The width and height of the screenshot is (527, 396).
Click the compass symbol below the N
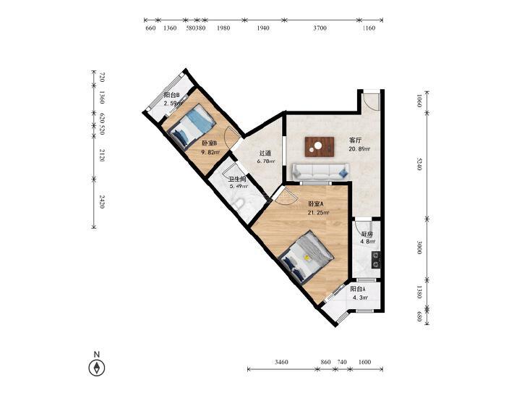[x=97, y=368]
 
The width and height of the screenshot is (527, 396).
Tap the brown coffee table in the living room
[x=320, y=147]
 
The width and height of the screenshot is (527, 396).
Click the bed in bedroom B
[x=192, y=127]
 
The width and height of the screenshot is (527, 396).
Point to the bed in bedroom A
[x=307, y=258]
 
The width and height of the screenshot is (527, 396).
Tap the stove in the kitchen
[x=376, y=260]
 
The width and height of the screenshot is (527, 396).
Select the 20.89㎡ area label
[x=359, y=148]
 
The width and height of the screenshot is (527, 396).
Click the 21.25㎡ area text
[x=318, y=212]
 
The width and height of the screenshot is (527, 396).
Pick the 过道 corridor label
[x=265, y=153]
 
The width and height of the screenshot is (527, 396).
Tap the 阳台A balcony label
[x=358, y=289]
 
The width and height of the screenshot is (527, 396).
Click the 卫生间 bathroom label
[x=237, y=180]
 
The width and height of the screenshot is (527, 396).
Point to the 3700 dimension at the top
[x=320, y=28]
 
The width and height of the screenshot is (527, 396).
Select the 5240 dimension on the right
[x=419, y=163]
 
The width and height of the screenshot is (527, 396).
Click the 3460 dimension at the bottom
[x=281, y=362]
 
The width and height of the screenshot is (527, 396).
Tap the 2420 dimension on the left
[x=102, y=201]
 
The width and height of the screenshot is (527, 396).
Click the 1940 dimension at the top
[x=263, y=28]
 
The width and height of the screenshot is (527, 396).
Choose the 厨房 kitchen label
[x=367, y=235]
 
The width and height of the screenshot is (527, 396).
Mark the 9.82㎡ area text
[x=210, y=152]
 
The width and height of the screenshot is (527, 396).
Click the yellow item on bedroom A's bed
[x=307, y=258]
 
